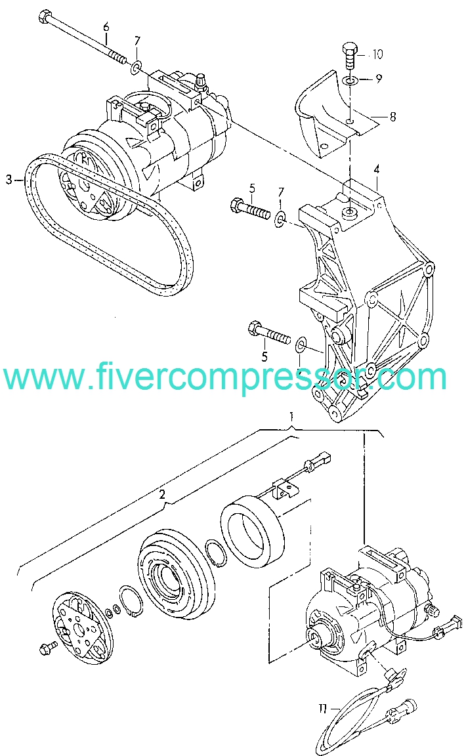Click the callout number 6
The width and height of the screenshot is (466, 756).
point(106,26)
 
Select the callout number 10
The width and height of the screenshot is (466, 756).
point(377,54)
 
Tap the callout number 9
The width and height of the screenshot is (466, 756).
point(379,78)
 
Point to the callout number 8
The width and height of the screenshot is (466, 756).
point(392,117)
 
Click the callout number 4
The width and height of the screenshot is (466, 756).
point(377,169)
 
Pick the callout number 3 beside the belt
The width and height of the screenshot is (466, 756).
point(9,180)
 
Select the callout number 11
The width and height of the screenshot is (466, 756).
point(322,709)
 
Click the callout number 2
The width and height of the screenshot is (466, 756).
point(163,494)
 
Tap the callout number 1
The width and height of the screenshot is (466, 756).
point(291,416)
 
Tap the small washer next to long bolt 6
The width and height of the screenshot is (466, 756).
point(137,66)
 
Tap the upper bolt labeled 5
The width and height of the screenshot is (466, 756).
point(250,208)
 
